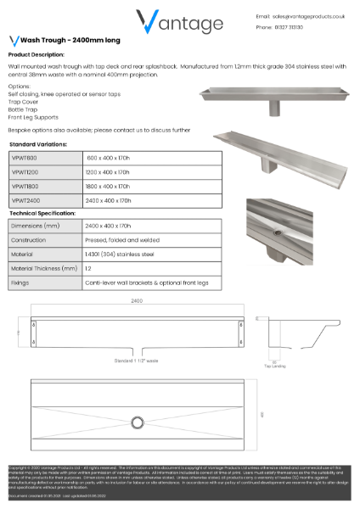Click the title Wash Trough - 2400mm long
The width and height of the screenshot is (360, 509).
(x=59, y=40)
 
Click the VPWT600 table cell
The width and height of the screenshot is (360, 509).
(x=25, y=158)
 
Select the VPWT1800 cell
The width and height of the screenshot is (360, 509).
(x=25, y=186)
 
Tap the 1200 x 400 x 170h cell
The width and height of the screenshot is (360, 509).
(x=108, y=172)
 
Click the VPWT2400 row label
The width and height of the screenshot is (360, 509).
(x=25, y=200)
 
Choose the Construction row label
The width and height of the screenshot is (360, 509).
(x=31, y=240)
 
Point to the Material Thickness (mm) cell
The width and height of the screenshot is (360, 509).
(x=44, y=267)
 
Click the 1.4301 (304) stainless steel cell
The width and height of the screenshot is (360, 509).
(x=119, y=254)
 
